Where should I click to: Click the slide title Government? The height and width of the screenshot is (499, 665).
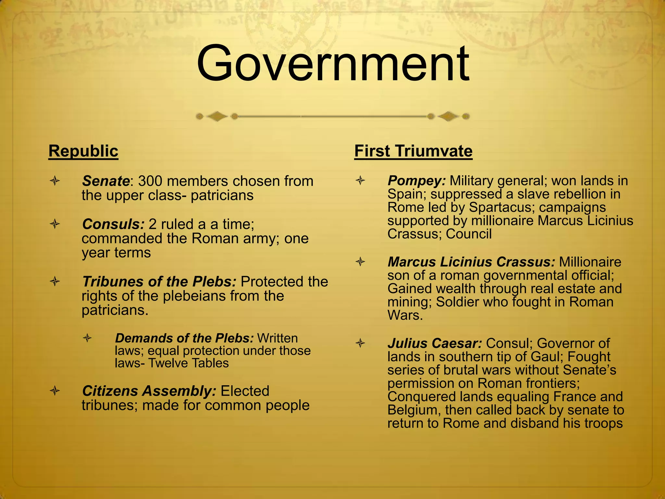pyautogui.click(x=332, y=64)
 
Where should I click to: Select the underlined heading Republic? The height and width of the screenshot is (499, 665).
pyautogui.click(x=83, y=151)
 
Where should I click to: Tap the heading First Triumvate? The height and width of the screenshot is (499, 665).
pyautogui.click(x=413, y=151)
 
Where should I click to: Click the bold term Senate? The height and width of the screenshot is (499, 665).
pyautogui.click(x=106, y=181)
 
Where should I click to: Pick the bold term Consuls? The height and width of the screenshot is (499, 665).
pyautogui.click(x=113, y=224)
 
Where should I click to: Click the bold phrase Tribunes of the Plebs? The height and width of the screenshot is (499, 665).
pyautogui.click(x=159, y=282)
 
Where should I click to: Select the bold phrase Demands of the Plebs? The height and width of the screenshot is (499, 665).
pyautogui.click(x=184, y=338)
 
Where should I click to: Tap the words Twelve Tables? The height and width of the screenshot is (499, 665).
pyautogui.click(x=188, y=363)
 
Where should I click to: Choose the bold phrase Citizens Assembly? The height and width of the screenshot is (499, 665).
pyautogui.click(x=149, y=391)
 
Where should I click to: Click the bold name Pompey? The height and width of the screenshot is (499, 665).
pyautogui.click(x=417, y=181)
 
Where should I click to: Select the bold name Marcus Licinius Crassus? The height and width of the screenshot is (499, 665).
pyautogui.click(x=471, y=262)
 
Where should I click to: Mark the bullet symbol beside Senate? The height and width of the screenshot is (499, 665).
pyautogui.click(x=55, y=181)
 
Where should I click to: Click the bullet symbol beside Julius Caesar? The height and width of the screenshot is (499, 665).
pyautogui.click(x=360, y=343)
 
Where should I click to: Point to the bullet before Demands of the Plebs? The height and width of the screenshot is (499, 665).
pyautogui.click(x=87, y=338)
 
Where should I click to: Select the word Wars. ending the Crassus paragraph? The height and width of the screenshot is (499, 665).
pyautogui.click(x=405, y=315)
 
